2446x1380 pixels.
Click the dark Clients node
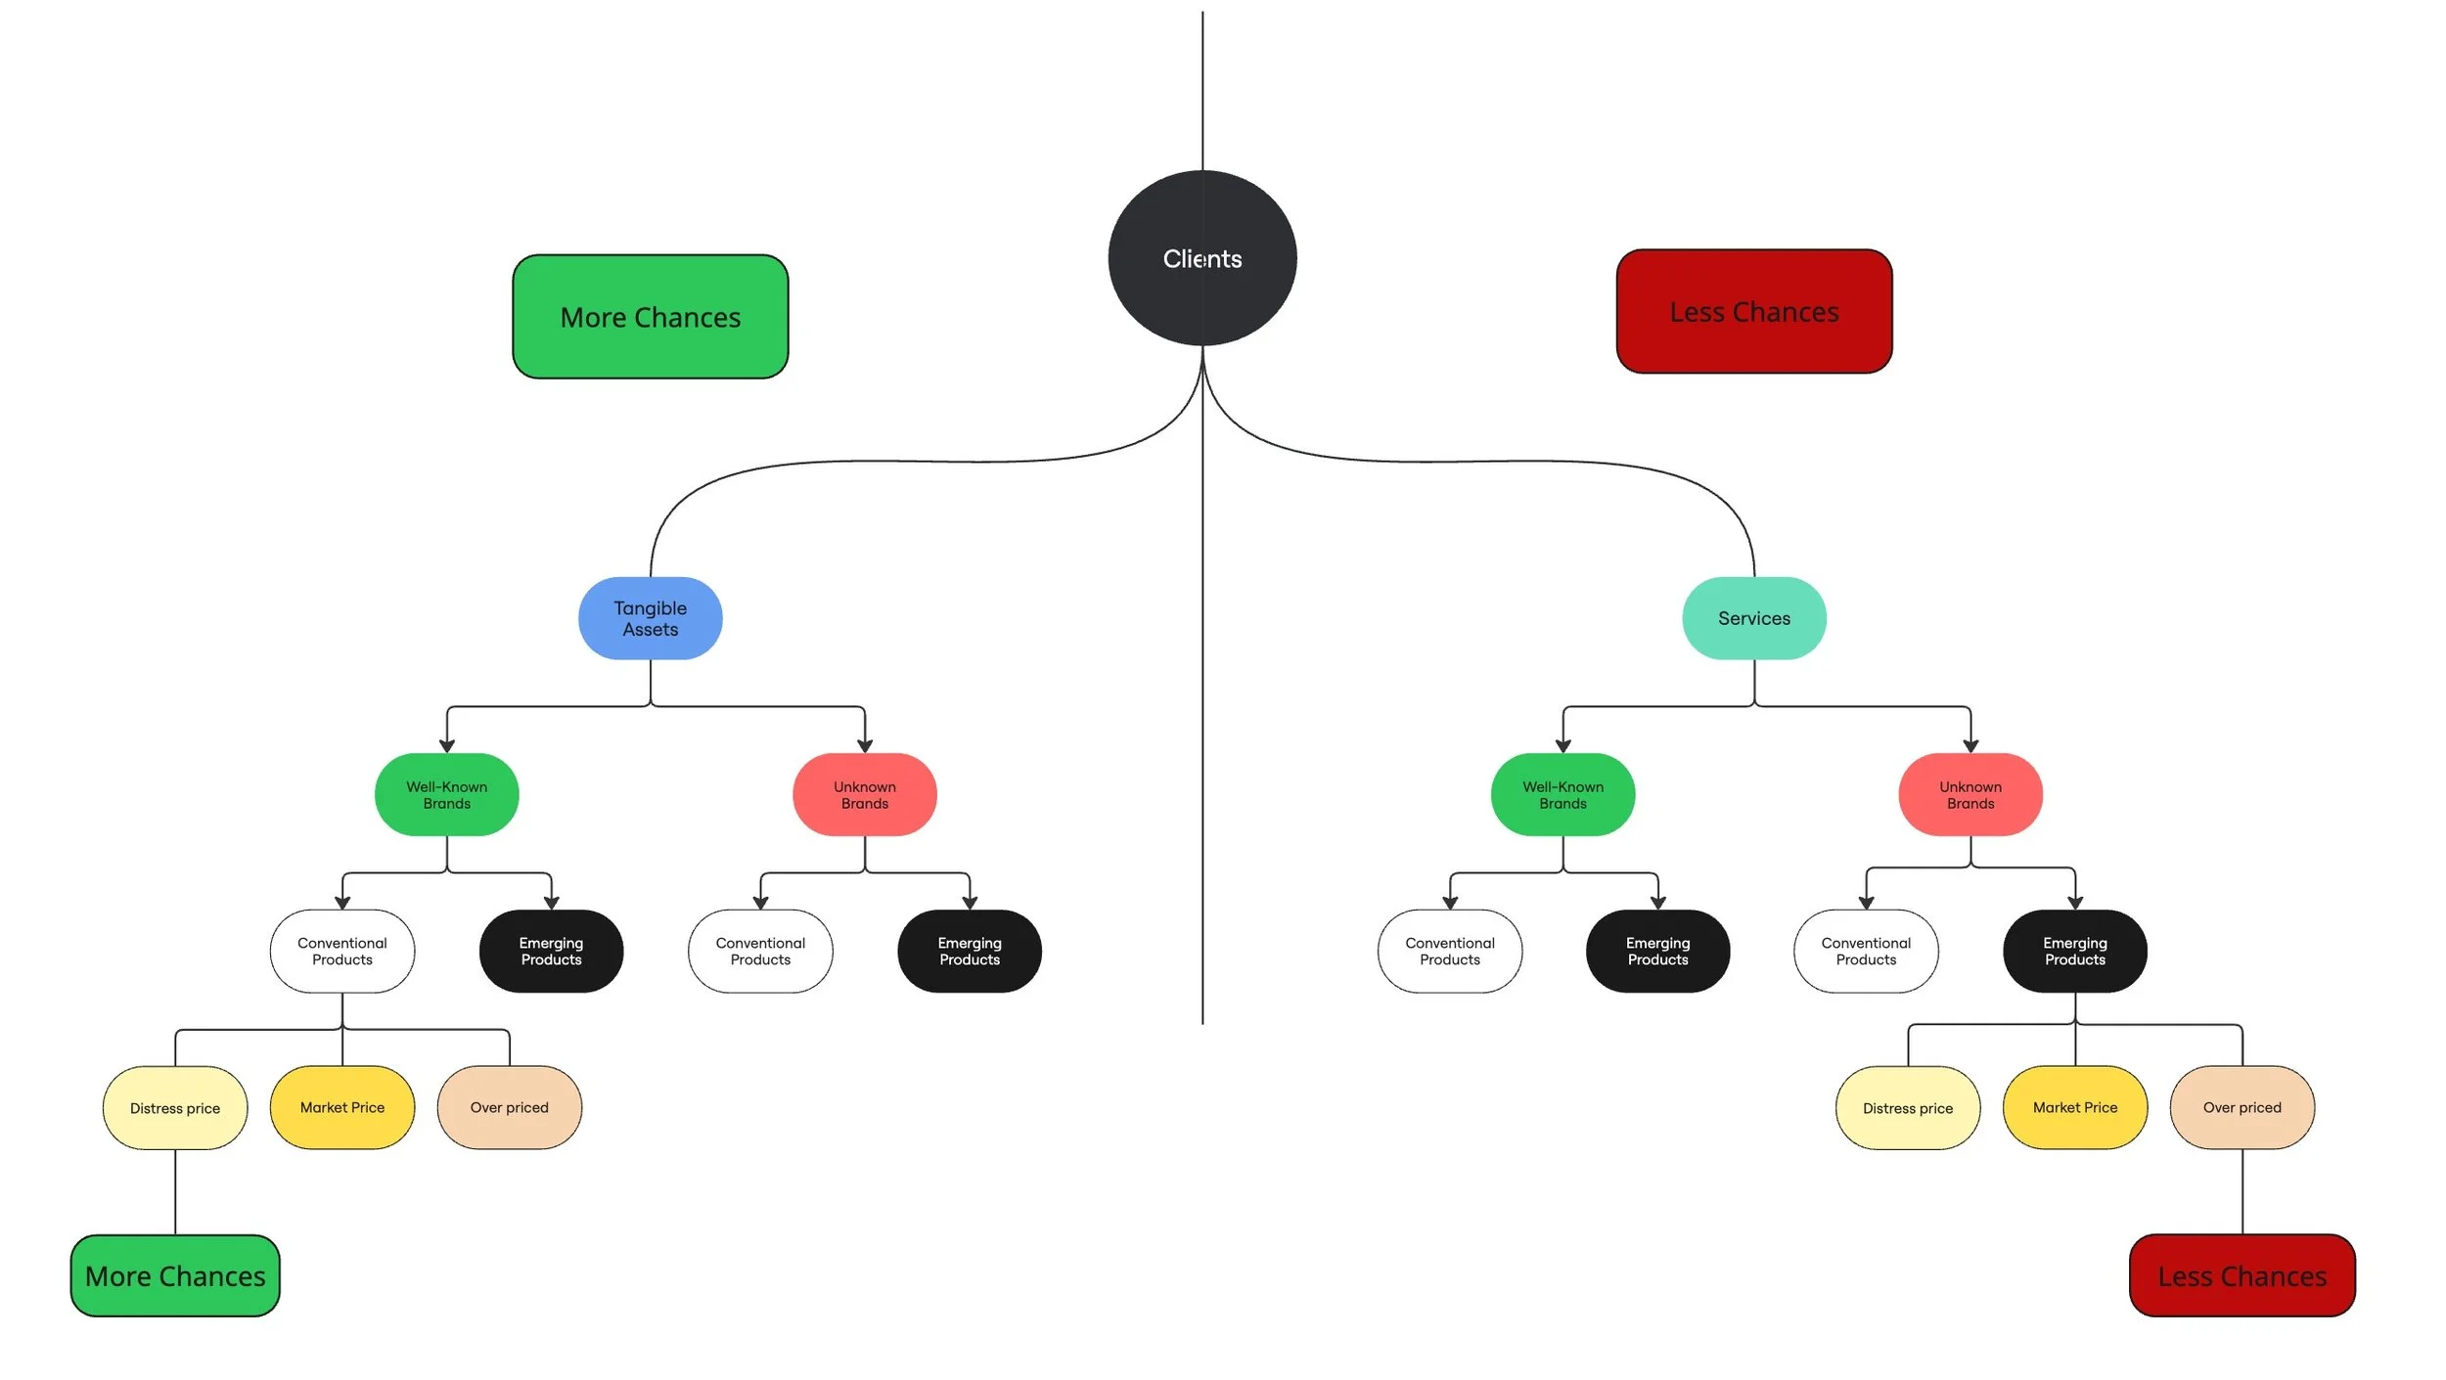tap(1201, 258)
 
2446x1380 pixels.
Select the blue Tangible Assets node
tap(650, 618)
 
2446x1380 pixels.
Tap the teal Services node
tap(1753, 618)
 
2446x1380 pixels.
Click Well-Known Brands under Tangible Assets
tap(446, 794)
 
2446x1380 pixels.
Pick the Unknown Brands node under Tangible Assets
tap(864, 794)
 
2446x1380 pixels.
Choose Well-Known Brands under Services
tap(1563, 794)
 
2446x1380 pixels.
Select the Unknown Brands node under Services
tap(1970, 794)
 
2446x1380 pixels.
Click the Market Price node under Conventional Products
tap(341, 1107)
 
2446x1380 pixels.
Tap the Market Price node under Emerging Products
tap(2074, 1107)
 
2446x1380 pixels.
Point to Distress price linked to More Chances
tap(175, 1107)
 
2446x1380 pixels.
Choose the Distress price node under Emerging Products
tap(1907, 1107)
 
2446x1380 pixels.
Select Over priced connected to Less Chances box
tap(2242, 1107)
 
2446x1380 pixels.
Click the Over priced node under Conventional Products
tap(509, 1107)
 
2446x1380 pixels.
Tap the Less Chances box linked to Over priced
tap(2242, 1275)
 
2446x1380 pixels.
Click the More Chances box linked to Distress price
tap(175, 1275)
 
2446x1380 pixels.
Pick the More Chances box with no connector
tap(650, 317)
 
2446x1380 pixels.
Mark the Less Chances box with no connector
tap(1753, 311)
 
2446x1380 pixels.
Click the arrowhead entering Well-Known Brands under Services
tap(1563, 746)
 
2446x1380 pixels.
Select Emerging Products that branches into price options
tap(2074, 951)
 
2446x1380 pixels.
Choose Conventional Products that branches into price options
tap(341, 951)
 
